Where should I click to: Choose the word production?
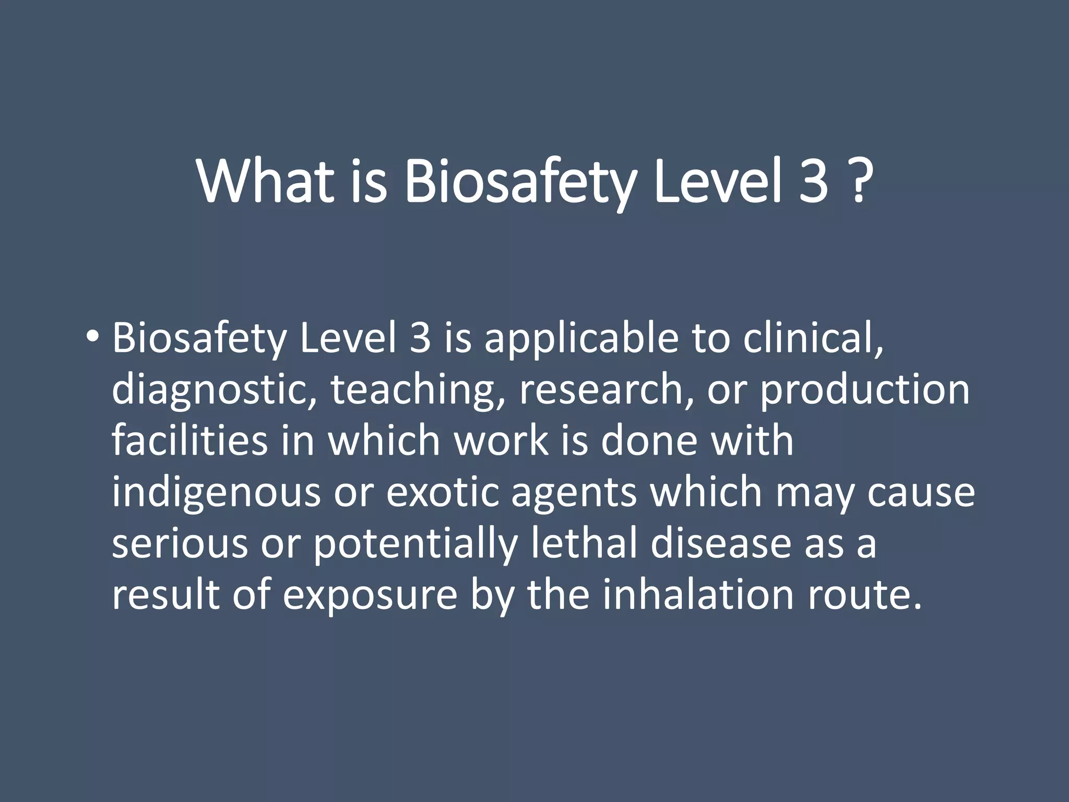point(864,391)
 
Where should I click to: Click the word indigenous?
point(216,493)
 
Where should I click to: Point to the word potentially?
point(415,544)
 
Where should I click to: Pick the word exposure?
point(370,595)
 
